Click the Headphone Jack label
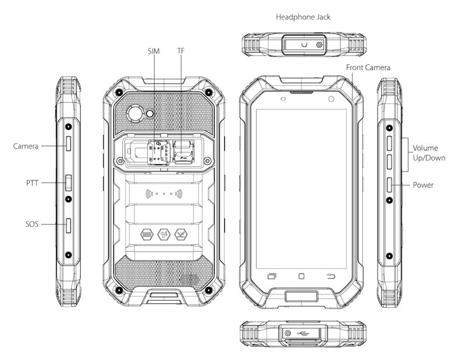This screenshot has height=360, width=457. click(303, 17)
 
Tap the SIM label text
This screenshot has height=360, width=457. click(153, 52)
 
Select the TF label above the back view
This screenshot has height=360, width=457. click(181, 51)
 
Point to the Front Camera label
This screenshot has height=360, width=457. click(368, 68)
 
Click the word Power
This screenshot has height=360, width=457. click(423, 185)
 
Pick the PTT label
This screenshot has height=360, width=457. click(32, 183)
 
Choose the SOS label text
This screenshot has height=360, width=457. click(32, 224)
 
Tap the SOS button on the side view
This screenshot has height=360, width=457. click(69, 226)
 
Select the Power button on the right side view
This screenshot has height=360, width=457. click(390, 185)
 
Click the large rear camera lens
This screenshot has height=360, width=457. click(135, 113)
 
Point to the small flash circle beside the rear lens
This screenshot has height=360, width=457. click(150, 114)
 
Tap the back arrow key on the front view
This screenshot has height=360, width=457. click(331, 276)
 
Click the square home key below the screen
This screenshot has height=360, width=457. click(301, 276)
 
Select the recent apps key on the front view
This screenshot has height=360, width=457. click(272, 276)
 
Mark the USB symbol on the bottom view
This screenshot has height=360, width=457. click(304, 333)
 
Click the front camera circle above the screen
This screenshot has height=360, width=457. click(331, 99)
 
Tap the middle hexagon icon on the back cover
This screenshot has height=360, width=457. click(164, 234)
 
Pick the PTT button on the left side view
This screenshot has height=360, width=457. click(69, 183)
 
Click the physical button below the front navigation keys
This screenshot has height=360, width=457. click(301, 296)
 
